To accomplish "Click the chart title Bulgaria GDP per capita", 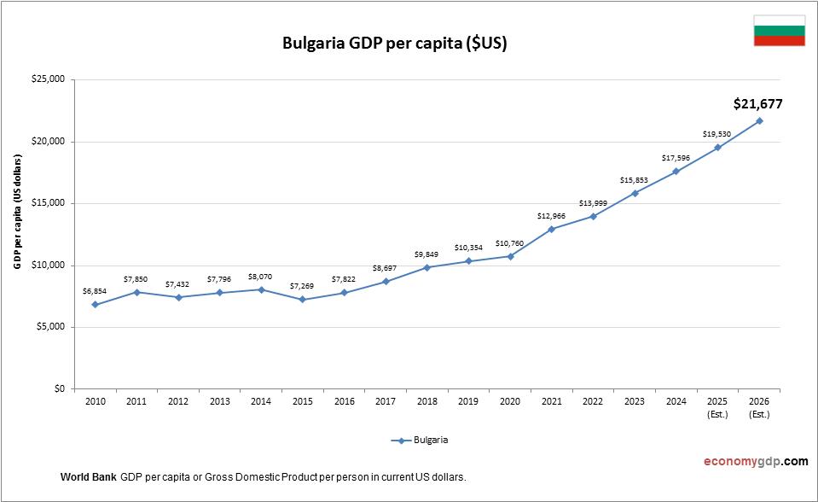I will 394,44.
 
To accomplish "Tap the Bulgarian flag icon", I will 779,31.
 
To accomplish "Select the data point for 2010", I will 95,305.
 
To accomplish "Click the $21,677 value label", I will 757,104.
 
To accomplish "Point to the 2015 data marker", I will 303,300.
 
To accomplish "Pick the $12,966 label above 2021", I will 552,216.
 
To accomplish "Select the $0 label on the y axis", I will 58,388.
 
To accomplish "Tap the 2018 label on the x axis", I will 426,401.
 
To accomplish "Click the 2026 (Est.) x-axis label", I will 759,406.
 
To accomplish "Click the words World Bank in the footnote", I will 88,476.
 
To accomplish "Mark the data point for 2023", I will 635,193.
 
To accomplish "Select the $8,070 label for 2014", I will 261,277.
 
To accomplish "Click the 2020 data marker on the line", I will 510,256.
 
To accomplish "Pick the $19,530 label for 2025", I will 717,134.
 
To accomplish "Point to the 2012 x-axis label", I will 177,401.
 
